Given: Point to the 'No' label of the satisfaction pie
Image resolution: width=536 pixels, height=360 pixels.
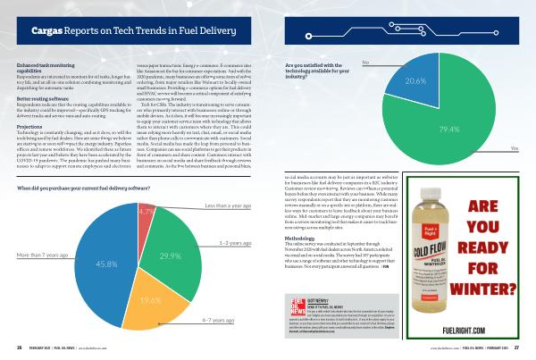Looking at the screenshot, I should (365, 63).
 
